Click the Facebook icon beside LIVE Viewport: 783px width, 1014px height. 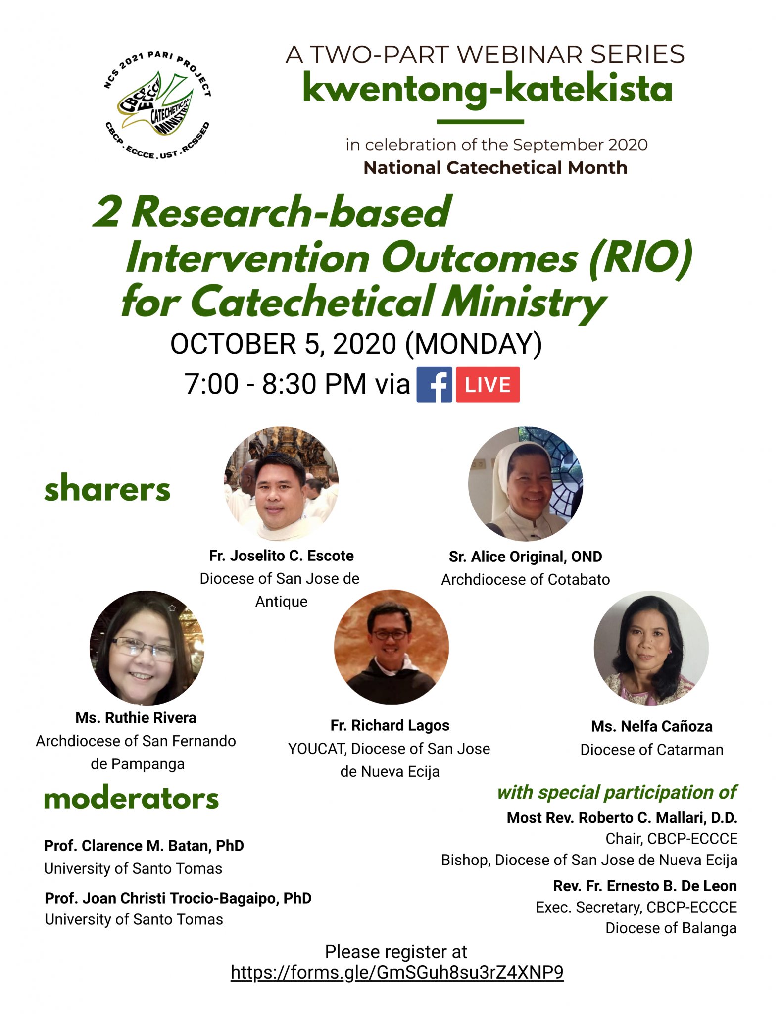(x=434, y=384)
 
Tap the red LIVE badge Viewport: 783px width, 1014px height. (x=488, y=384)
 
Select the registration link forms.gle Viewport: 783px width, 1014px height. (x=397, y=972)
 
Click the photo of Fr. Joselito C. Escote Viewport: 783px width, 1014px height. (x=281, y=484)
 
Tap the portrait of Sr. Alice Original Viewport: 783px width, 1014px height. (x=526, y=484)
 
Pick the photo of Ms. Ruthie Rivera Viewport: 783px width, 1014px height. (x=147, y=648)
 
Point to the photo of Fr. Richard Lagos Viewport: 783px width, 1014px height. (x=391, y=647)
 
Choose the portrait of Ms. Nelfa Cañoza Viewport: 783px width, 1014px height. (x=651, y=648)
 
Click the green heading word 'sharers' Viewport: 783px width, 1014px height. (x=107, y=488)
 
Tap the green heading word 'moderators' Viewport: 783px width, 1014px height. (x=131, y=798)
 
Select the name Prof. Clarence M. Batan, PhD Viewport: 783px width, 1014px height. (x=144, y=845)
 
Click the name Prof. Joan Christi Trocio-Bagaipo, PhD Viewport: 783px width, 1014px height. (x=178, y=898)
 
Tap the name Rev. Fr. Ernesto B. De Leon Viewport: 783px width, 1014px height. (x=645, y=886)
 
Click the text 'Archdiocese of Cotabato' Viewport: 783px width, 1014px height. (x=526, y=579)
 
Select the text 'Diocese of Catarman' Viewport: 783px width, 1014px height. (x=652, y=750)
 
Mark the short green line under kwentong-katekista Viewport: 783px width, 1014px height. (x=480, y=121)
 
